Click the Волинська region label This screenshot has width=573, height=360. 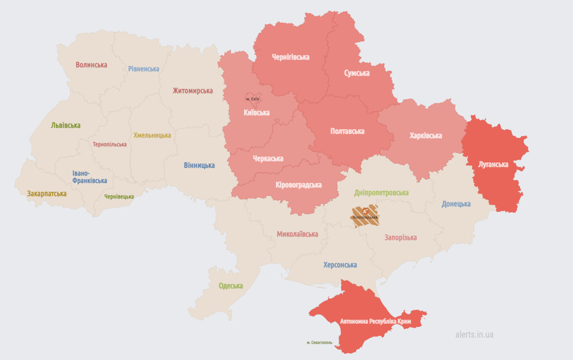click(91, 65)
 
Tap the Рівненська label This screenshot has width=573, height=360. click(143, 69)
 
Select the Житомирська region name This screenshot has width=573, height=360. click(192, 91)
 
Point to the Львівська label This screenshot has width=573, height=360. click(65, 125)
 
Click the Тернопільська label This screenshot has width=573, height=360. click(110, 144)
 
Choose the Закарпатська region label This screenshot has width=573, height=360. click(47, 194)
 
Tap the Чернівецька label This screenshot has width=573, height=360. click(119, 197)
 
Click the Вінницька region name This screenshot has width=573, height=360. click(199, 165)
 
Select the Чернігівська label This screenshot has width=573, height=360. click(290, 57)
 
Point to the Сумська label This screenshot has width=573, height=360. click(357, 73)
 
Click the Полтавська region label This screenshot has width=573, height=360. click(347, 131)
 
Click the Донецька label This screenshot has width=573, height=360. click(456, 204)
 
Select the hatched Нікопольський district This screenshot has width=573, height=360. click(366, 217)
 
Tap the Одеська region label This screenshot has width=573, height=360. click(230, 286)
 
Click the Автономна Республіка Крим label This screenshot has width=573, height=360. click(375, 322)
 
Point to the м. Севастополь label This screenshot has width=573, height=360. click(319, 342)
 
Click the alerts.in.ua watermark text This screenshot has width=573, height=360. click(474, 335)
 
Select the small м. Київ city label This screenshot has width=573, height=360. click(252, 99)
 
